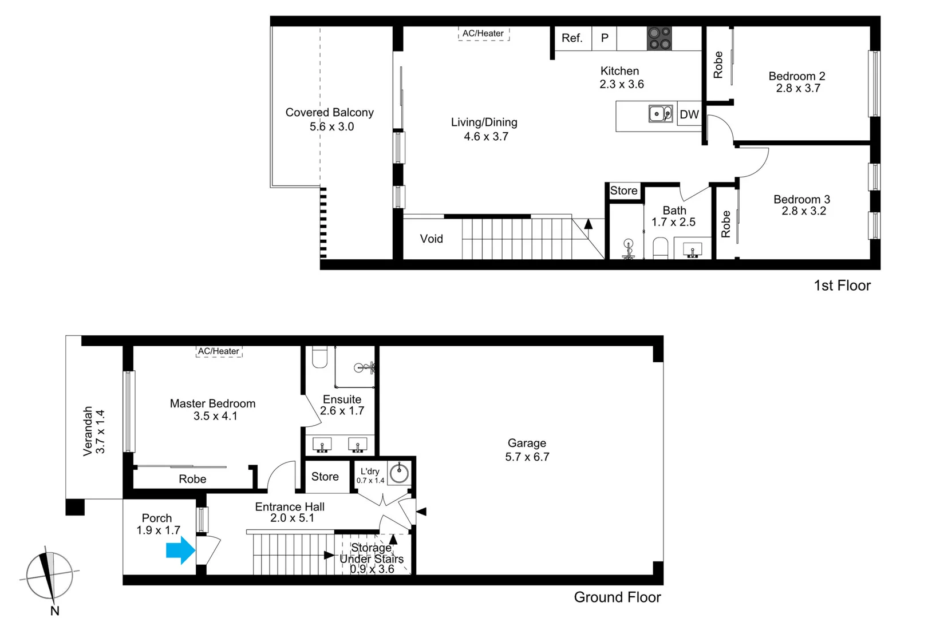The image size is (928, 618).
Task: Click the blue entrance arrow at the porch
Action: [180, 550]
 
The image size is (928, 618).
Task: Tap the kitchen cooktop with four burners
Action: [659, 38]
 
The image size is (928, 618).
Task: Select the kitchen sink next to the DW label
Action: [660, 114]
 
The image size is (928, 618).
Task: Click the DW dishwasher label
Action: [689, 114]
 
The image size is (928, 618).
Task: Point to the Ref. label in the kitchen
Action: [572, 38]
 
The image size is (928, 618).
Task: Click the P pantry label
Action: [605, 38]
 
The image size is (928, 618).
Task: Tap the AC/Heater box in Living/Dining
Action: [483, 34]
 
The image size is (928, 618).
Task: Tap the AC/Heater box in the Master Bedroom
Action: [219, 351]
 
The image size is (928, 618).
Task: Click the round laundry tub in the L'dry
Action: [399, 473]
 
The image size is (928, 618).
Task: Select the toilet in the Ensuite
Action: [319, 358]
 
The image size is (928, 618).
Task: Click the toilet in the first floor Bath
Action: [660, 248]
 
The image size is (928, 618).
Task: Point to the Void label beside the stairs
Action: [431, 239]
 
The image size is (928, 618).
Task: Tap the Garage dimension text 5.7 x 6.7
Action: [527, 457]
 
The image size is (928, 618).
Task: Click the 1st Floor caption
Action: [842, 286]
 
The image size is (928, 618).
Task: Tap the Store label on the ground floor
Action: [325, 477]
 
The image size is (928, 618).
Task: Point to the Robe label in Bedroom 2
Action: [718, 65]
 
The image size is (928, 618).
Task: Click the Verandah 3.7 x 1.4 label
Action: [94, 431]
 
